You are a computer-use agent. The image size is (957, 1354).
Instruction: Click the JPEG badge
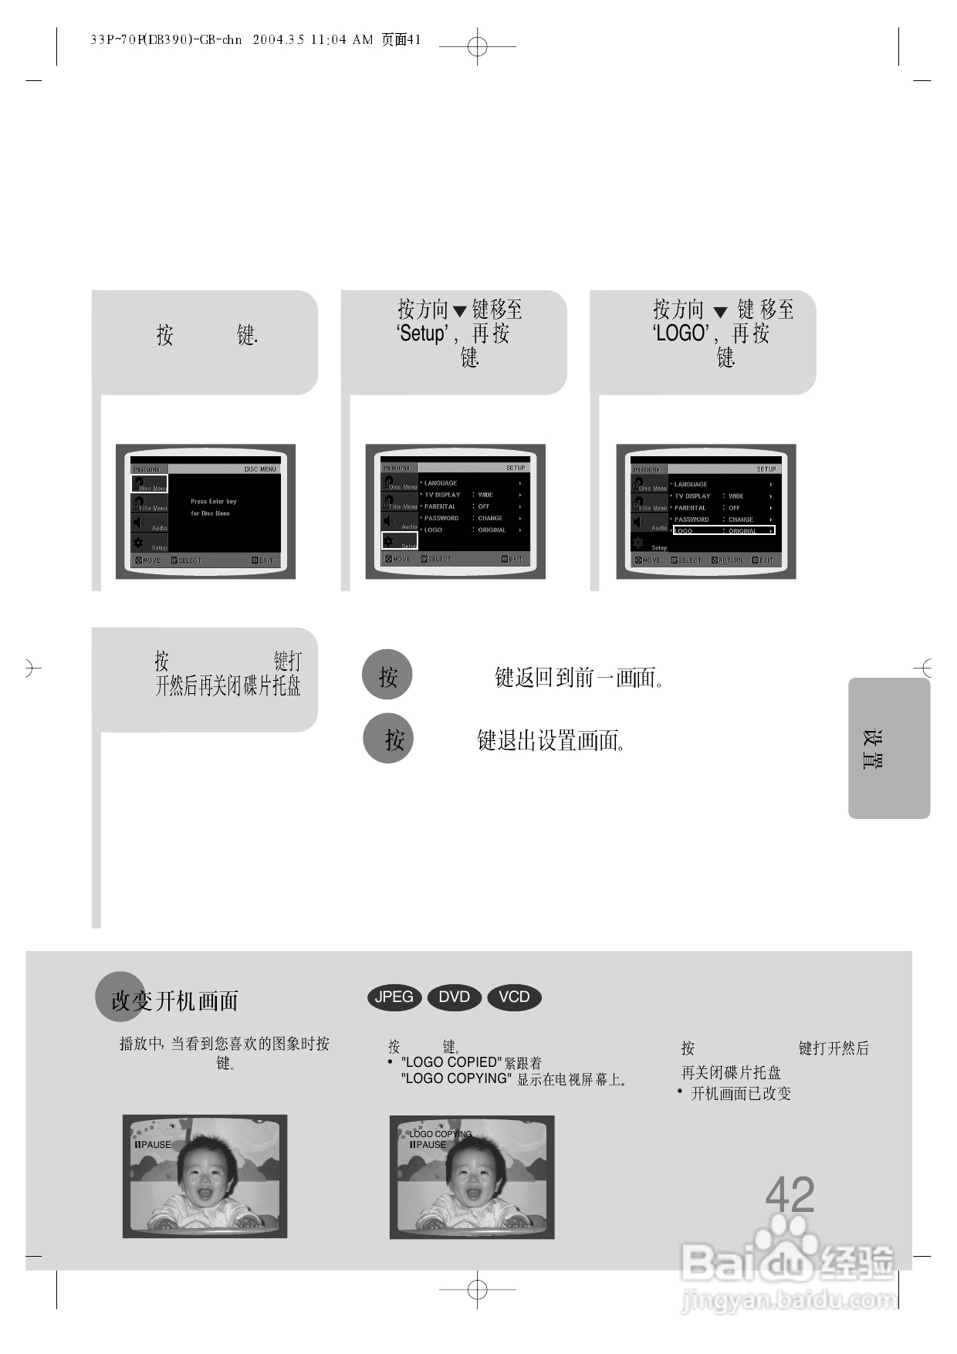coord(394,997)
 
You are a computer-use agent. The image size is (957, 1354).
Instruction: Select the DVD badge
coord(454,997)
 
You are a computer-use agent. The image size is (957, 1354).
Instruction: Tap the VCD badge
coord(514,997)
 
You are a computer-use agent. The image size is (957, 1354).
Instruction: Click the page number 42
coord(790,1195)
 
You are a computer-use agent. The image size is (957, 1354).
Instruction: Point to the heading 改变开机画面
coord(174,1001)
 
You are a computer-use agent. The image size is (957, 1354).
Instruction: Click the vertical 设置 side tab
coord(873,749)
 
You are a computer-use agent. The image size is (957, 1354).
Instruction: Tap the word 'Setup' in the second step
coord(422,334)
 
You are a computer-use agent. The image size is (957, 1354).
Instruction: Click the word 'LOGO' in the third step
coord(680,334)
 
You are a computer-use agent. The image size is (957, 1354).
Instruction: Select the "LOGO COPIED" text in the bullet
coord(451,1062)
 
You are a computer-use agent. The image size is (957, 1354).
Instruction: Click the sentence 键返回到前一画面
coord(579,678)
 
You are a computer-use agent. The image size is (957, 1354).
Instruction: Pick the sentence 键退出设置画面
coord(551,741)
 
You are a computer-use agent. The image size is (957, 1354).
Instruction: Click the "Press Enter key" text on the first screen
coord(214,502)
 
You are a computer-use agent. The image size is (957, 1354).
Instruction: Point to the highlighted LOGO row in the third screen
coord(723,531)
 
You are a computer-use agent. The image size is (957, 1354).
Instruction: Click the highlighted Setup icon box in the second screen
coord(400,541)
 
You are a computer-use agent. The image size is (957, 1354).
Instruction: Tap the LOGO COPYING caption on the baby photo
coord(440,1134)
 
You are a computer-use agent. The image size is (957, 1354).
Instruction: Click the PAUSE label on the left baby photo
coord(154,1145)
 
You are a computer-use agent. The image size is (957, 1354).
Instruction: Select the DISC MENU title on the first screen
coord(260,469)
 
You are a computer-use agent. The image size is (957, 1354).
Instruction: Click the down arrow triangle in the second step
coord(460,312)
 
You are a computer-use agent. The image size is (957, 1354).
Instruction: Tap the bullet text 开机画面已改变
coord(741,1094)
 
